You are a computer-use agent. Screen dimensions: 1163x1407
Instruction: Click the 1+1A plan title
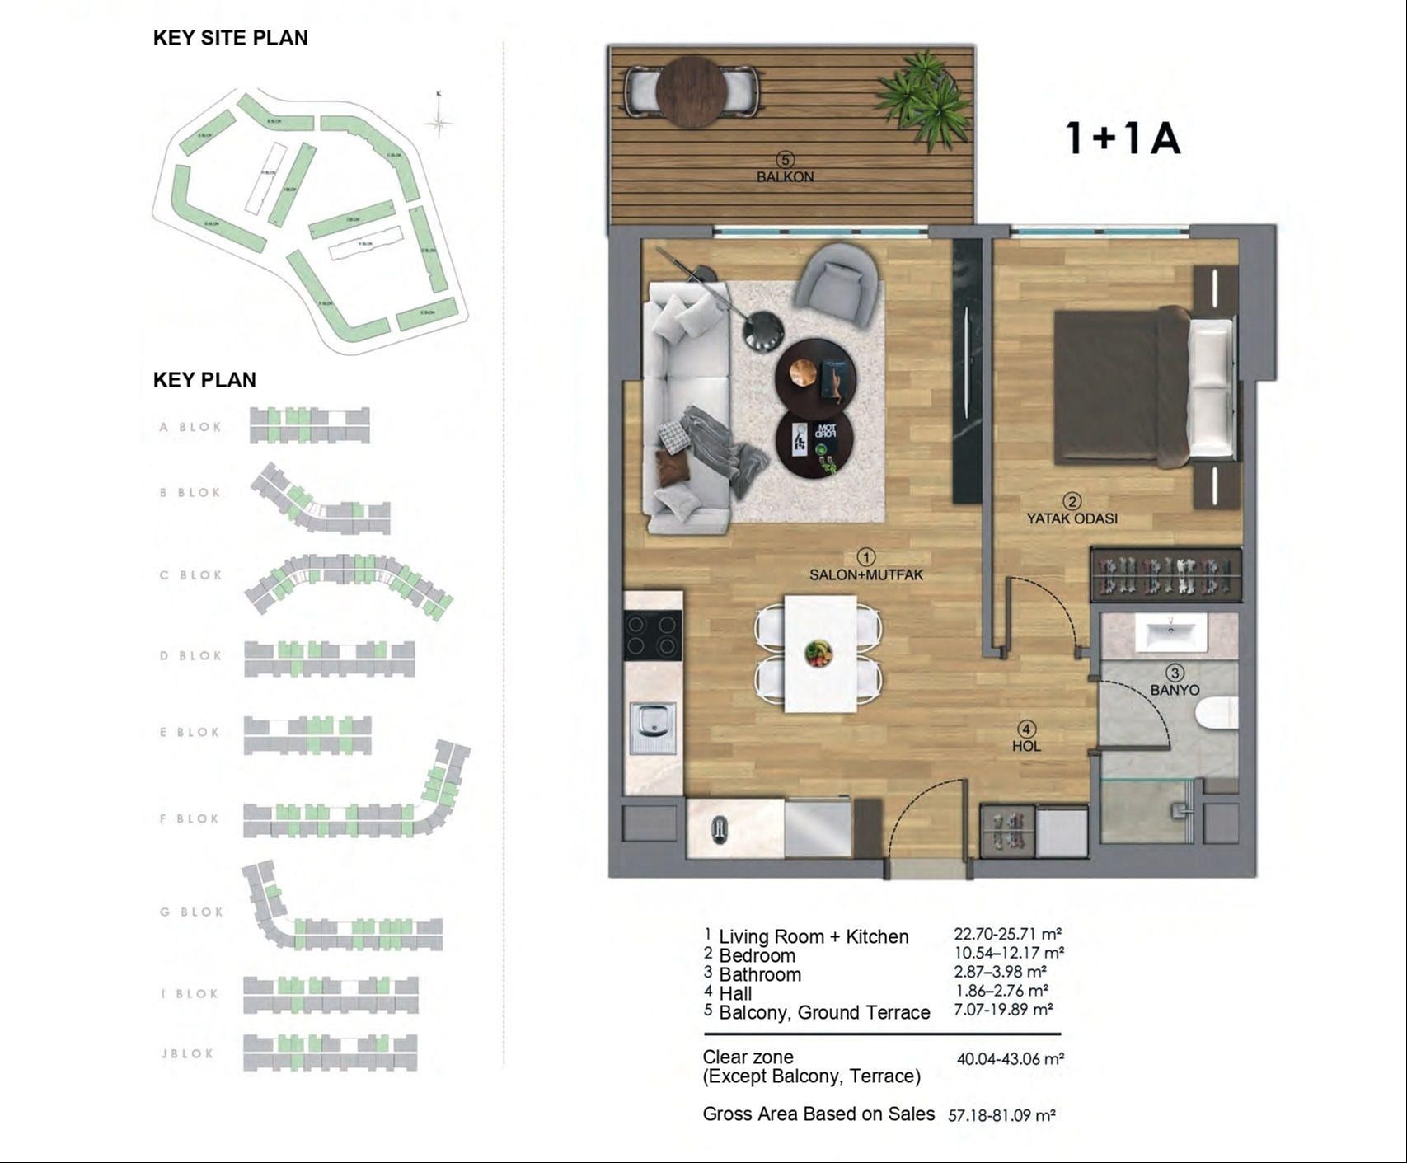[x=1123, y=138]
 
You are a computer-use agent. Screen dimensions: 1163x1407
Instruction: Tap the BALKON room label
[x=785, y=176]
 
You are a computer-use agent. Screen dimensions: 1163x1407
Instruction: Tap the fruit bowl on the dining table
[x=818, y=654]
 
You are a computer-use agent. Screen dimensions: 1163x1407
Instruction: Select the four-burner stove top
[x=652, y=635]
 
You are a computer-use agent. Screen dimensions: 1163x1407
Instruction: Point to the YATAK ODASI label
[x=1072, y=518]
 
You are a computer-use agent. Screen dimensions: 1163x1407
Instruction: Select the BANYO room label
[x=1175, y=690]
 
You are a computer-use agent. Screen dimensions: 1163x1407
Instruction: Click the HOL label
[x=1026, y=746]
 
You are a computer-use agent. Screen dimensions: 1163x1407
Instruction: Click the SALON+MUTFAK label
[x=865, y=574]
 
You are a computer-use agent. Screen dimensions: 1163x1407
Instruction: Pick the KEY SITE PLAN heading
[x=230, y=38]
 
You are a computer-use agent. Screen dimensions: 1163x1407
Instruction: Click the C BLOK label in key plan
[x=190, y=575]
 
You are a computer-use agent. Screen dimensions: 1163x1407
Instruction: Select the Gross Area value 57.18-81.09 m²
[x=1001, y=1116]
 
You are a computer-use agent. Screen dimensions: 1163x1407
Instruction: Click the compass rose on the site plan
[x=439, y=123]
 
